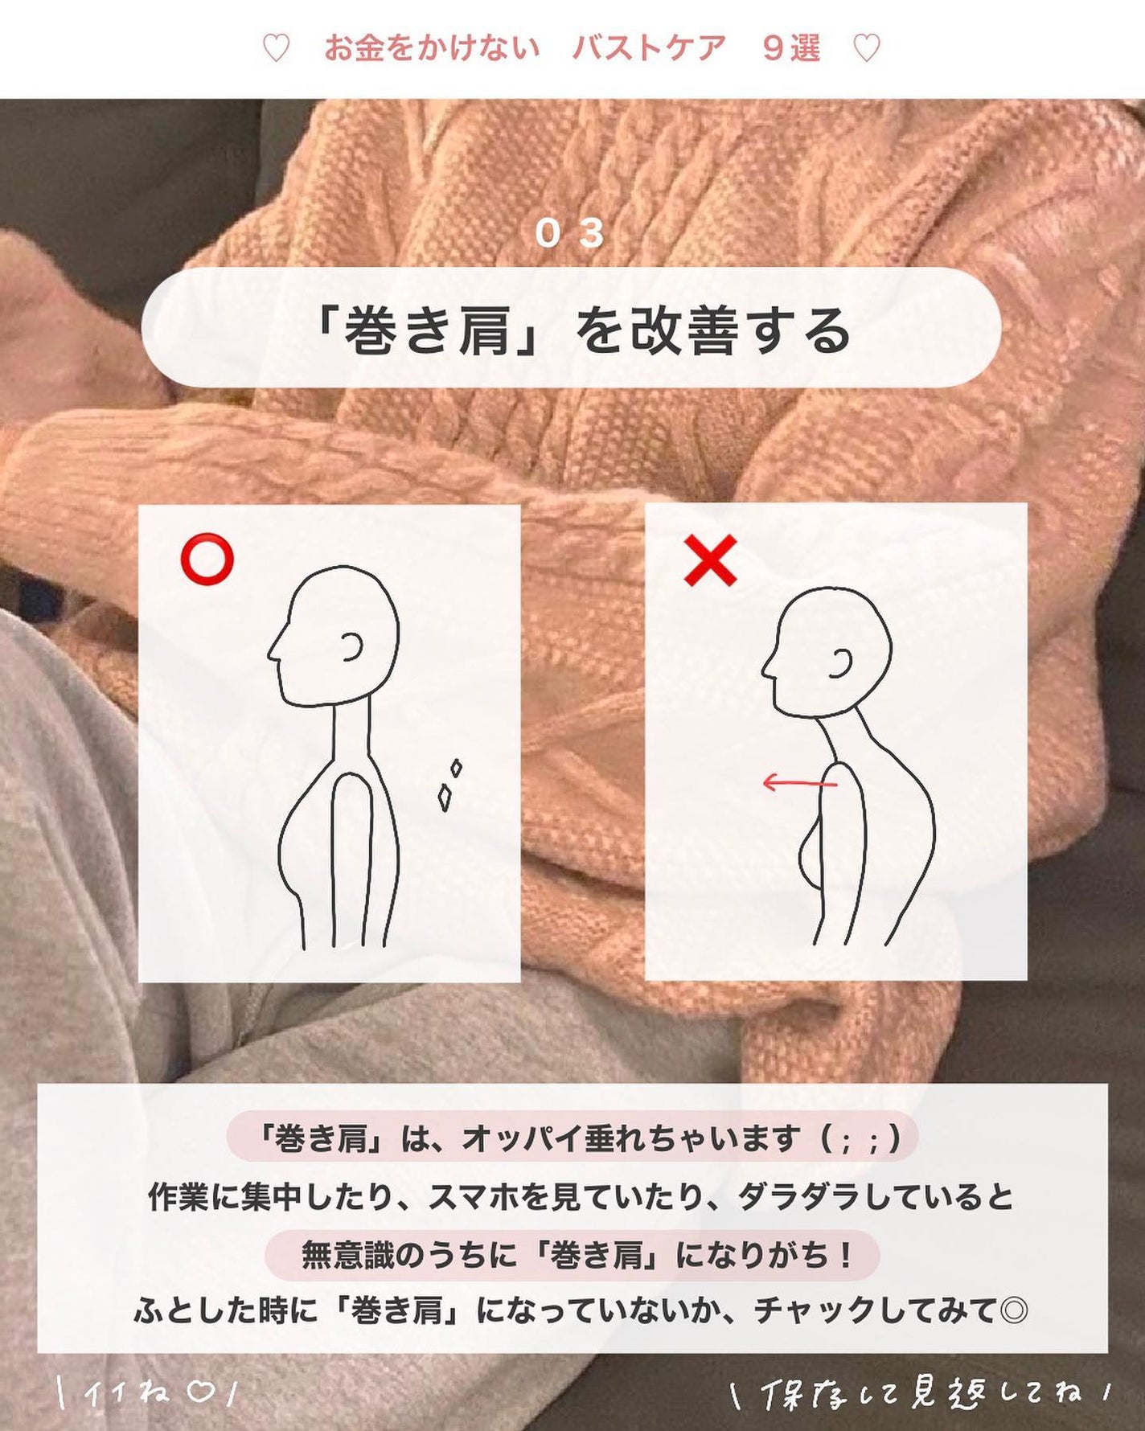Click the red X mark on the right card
click(x=710, y=561)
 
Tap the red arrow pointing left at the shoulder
click(x=799, y=782)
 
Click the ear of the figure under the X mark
click(x=842, y=664)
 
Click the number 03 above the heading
click(x=569, y=234)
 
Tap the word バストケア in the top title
click(x=649, y=49)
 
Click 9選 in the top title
click(x=791, y=49)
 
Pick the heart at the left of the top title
click(x=276, y=49)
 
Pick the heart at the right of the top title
click(x=866, y=49)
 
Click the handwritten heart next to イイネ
click(x=200, y=1392)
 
